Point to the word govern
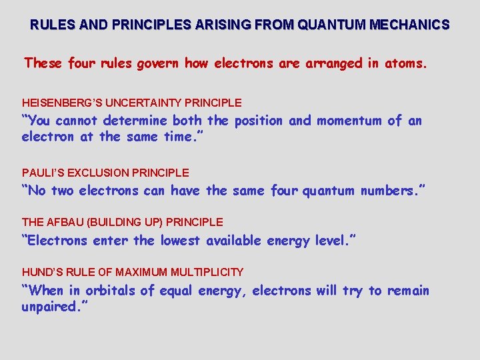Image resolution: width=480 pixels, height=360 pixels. point(158,63)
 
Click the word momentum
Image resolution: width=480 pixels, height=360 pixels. point(349,121)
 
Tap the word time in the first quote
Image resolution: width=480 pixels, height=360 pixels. point(181,137)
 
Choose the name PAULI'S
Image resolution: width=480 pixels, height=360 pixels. point(42,173)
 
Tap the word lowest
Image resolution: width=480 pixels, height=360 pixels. point(181,241)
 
